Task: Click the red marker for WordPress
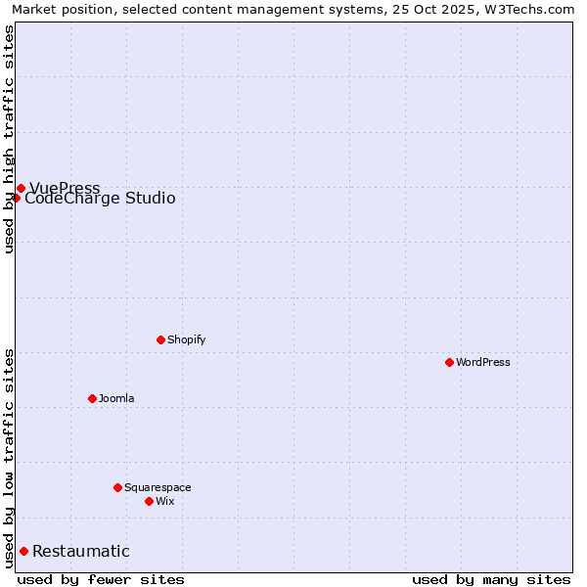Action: pos(449,362)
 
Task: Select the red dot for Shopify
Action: pos(160,339)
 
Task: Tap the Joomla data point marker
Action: pos(92,398)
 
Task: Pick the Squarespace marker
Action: pos(117,487)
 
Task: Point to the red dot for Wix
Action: pos(149,501)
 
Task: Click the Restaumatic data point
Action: pos(23,551)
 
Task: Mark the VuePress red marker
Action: pos(21,188)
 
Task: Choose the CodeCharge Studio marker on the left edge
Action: pos(16,198)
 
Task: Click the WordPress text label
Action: pos(483,362)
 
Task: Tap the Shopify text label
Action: pos(186,339)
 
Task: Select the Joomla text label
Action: pos(116,398)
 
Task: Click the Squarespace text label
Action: pos(158,487)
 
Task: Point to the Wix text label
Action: pos(164,501)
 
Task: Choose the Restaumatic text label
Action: pos(80,552)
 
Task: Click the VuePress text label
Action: pos(65,188)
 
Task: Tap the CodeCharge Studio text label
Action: pos(100,199)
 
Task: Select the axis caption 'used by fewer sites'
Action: pos(101,579)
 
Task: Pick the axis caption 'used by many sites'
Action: pos(491,579)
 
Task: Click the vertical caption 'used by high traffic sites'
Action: pos(10,139)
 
